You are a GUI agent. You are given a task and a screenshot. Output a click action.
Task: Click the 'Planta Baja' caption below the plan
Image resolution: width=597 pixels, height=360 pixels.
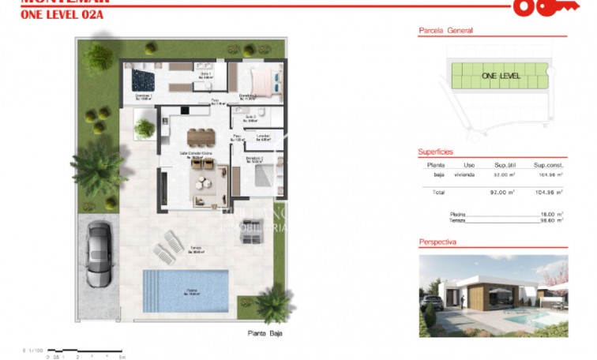point(264,334)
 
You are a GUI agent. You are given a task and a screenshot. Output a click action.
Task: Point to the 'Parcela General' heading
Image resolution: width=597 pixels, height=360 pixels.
point(445,31)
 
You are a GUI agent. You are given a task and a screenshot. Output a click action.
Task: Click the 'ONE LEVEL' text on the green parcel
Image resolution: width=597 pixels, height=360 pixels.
point(501,76)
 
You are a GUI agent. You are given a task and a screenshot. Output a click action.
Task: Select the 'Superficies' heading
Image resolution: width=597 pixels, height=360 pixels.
point(435,152)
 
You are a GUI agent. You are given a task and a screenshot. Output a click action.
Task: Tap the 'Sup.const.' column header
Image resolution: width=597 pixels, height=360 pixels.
point(548,165)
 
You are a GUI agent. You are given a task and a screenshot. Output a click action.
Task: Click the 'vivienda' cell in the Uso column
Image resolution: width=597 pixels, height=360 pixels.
point(464,175)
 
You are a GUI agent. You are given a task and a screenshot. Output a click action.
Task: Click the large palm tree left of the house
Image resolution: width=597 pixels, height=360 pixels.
point(100,166)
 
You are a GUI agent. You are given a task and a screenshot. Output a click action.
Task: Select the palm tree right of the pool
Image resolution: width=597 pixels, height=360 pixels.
point(274,302)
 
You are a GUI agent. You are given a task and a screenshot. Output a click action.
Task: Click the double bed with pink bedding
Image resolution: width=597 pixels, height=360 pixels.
point(260,79)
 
